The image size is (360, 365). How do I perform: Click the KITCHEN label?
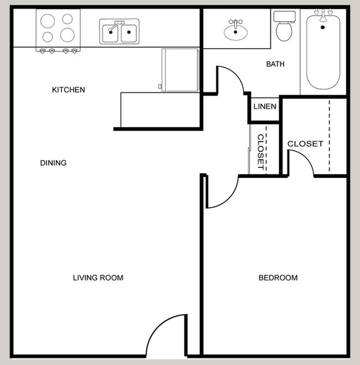click(68, 90)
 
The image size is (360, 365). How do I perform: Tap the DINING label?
click(53, 163)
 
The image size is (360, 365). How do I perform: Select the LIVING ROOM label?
click(98, 277)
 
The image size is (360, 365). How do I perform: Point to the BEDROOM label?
click(278, 277)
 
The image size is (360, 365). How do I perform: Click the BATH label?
click(275, 64)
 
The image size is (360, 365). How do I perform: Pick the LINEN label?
click(264, 106)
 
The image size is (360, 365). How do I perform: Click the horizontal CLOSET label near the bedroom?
click(305, 144)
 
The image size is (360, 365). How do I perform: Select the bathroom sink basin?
click(236, 31)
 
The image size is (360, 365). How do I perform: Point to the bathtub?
click(323, 55)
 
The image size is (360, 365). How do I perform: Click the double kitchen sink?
click(120, 33)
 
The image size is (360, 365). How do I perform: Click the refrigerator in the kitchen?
click(179, 70)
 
